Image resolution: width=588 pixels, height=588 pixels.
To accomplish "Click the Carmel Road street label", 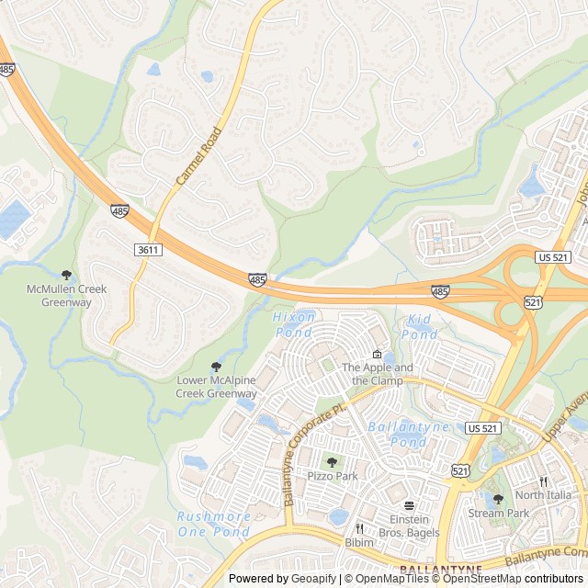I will point(198,156).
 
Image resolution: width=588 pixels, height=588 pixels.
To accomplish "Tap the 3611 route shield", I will point(148,250).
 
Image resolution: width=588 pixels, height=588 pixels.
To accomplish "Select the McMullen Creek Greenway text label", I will point(66,296).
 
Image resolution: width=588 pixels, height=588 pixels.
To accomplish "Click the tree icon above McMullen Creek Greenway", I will point(66,275).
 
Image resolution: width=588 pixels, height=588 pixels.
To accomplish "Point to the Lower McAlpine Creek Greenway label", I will point(217,387).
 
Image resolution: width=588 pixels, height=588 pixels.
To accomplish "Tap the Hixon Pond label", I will point(294,323).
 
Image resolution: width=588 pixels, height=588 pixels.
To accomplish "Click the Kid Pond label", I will point(420,327).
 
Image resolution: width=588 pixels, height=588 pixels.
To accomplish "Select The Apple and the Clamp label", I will point(377,374).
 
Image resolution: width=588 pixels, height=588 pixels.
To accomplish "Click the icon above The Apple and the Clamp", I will point(377,355).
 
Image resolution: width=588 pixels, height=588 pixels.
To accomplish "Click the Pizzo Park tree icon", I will point(332,462).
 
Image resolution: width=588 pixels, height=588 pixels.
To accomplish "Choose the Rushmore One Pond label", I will point(213,524).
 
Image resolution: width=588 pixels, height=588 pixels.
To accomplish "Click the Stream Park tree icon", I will point(498,499).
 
